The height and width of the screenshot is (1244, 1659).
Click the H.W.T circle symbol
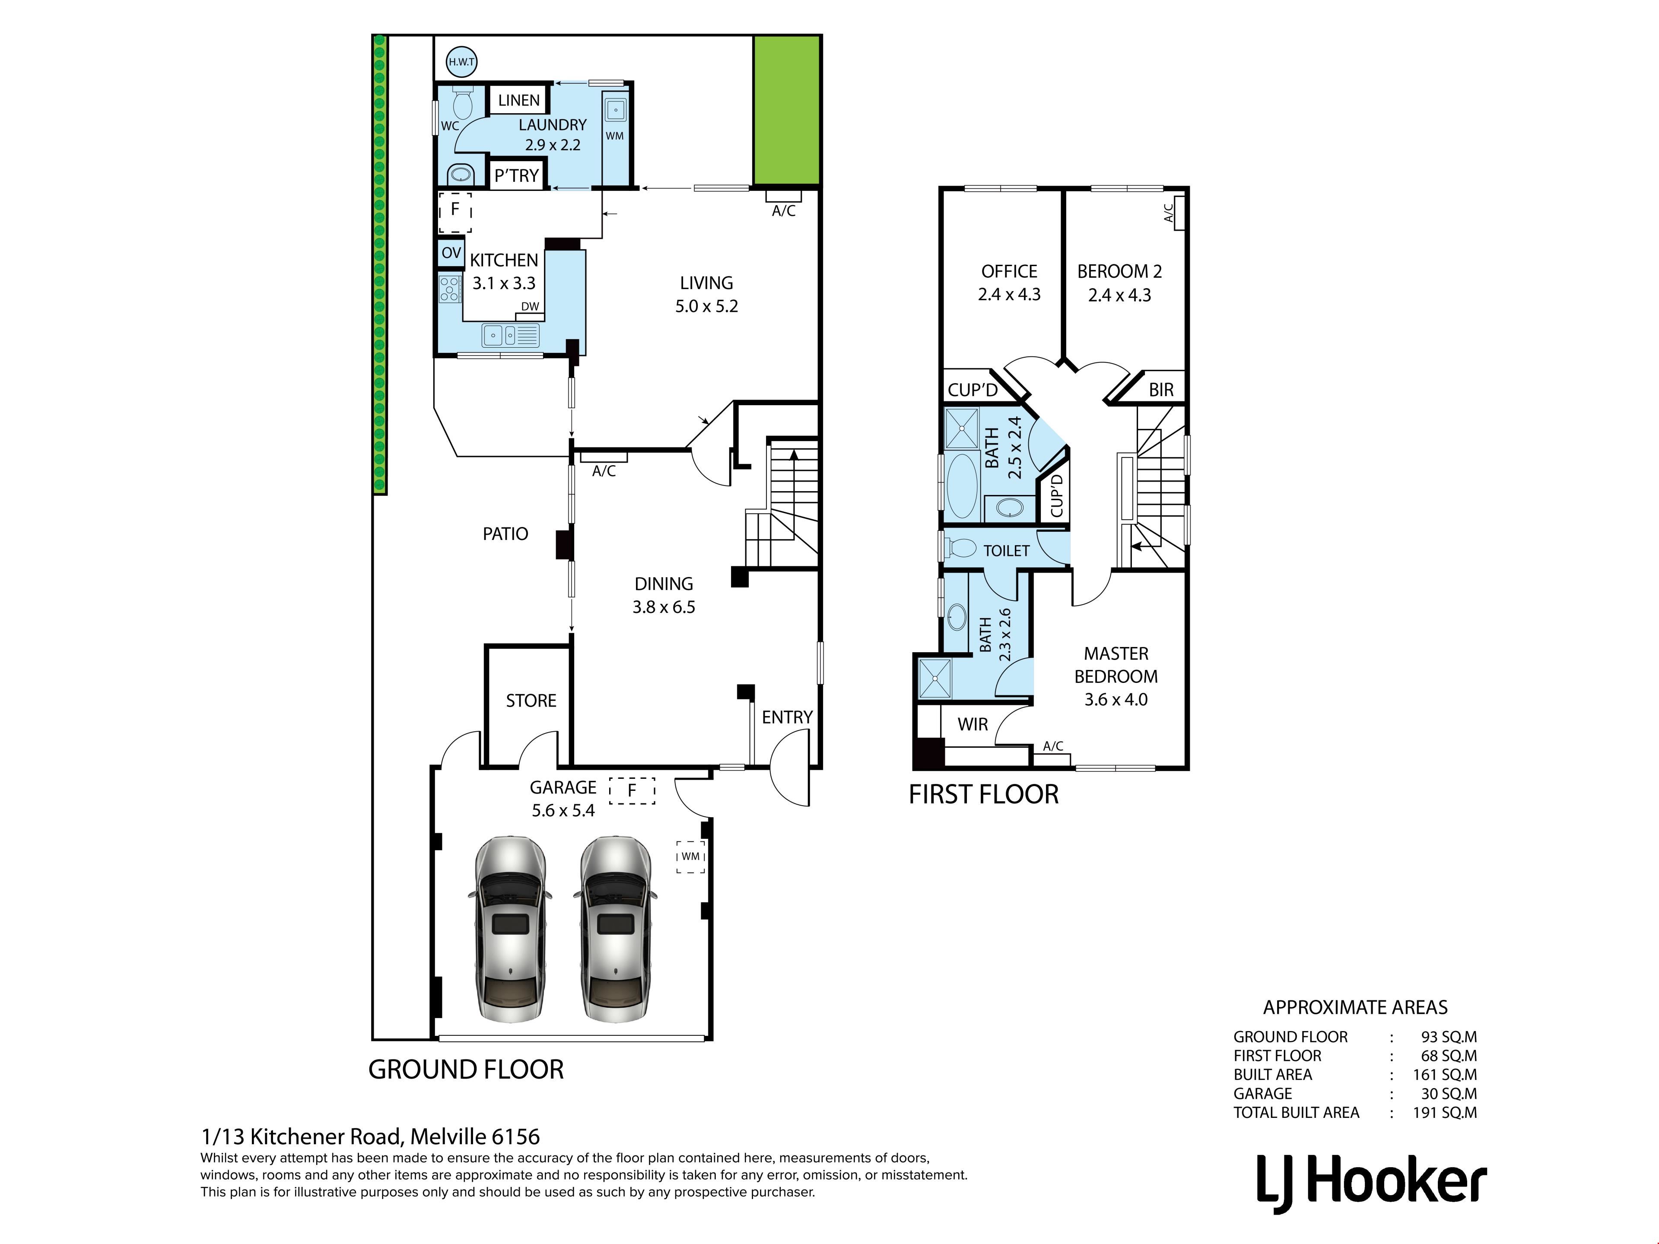tap(461, 62)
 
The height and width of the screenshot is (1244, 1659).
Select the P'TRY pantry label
tap(517, 175)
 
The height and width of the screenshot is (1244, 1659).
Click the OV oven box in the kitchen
tap(451, 253)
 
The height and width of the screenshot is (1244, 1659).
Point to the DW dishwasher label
tap(530, 306)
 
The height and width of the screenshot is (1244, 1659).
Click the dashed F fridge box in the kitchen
tap(454, 212)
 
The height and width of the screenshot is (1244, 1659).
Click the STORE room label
tap(531, 700)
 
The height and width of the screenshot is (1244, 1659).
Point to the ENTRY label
tap(787, 717)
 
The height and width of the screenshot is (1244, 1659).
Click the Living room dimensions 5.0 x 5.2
tap(706, 306)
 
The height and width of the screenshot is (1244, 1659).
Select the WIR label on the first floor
tap(973, 724)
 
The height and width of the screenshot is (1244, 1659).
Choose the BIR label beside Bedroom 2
tap(1161, 390)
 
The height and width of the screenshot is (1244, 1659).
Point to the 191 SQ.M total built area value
tap(1445, 1113)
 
